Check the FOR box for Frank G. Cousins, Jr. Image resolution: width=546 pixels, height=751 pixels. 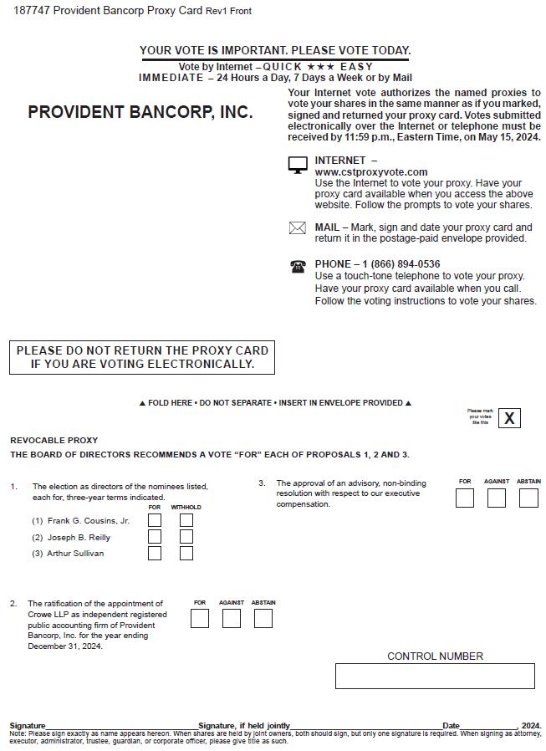click(x=155, y=520)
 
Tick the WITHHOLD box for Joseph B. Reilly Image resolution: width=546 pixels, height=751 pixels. click(x=186, y=537)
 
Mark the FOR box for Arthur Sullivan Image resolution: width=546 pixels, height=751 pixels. click(x=155, y=553)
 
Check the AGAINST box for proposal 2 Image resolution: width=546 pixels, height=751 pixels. click(x=232, y=618)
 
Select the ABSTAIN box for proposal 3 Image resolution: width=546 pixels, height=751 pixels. click(x=528, y=498)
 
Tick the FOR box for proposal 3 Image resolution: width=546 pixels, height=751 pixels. click(x=465, y=498)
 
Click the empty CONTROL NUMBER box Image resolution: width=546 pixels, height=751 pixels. click(x=435, y=676)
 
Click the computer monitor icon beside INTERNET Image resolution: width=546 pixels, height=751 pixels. click(x=298, y=166)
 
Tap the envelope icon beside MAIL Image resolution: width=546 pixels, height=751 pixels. click(x=298, y=227)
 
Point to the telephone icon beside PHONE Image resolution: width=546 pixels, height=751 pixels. click(x=298, y=266)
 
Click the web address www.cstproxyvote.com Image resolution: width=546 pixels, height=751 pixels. click(x=359, y=172)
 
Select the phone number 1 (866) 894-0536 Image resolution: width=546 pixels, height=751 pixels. click(x=401, y=264)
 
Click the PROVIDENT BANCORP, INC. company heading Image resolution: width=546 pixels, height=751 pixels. click(x=140, y=112)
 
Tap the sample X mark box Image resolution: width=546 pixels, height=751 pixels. click(x=509, y=417)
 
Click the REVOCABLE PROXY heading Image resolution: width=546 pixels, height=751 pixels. click(x=54, y=440)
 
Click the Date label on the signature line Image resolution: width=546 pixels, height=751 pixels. click(x=451, y=725)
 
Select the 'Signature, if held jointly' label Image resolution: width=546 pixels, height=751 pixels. click(x=244, y=725)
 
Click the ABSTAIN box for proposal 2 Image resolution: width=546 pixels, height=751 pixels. click(x=263, y=618)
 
